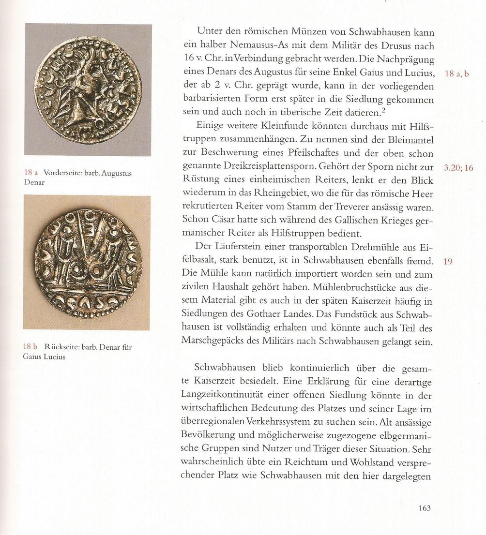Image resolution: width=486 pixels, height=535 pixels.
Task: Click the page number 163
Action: (x=424, y=508)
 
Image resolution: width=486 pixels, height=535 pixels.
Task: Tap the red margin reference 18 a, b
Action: (x=456, y=74)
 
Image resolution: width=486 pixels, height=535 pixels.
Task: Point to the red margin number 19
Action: (x=448, y=262)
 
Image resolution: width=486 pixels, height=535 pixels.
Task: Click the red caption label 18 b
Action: (x=31, y=347)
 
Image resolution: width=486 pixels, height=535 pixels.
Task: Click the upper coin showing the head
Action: (x=88, y=90)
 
